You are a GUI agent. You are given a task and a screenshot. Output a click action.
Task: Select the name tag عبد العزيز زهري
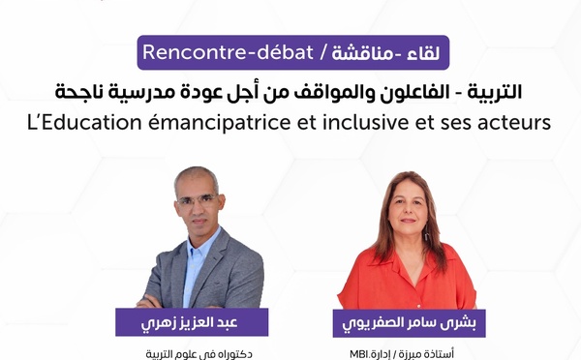tap(192, 322)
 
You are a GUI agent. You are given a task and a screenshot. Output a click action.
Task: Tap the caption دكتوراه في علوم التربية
tap(192, 352)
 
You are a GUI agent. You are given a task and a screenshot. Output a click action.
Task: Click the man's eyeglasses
tap(199, 199)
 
